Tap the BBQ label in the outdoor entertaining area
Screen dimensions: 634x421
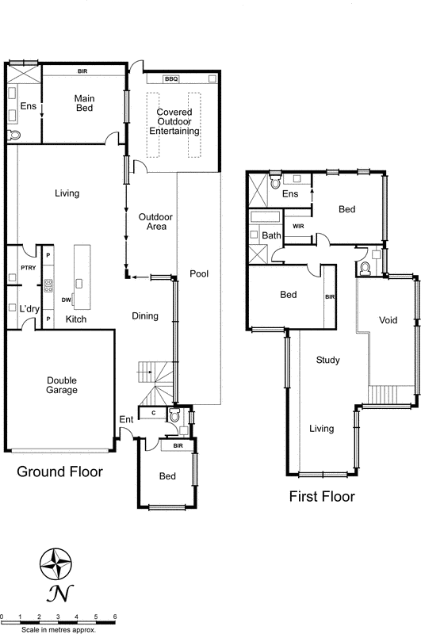coord(171,79)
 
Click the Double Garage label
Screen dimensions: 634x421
coord(61,384)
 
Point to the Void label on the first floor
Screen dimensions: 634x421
coord(388,321)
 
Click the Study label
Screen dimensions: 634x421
coord(327,361)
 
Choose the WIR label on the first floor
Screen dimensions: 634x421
coord(298,226)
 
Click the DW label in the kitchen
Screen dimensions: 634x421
coord(67,300)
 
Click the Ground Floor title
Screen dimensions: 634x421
coord(60,473)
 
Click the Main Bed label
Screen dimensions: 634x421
coord(85,104)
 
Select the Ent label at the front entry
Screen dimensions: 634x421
coord(126,419)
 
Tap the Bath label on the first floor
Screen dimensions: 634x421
coord(272,235)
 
